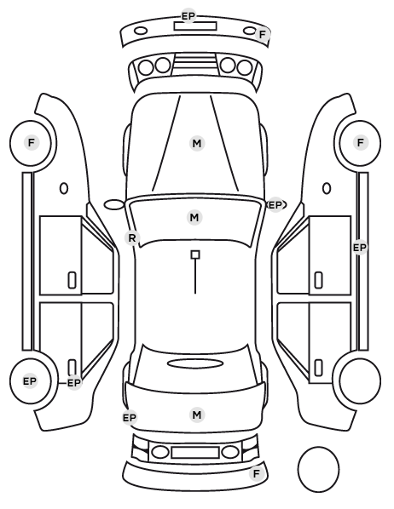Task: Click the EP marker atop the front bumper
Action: (188, 16)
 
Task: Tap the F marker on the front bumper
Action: (262, 34)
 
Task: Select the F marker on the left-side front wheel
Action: (32, 142)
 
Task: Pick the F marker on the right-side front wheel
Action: (361, 142)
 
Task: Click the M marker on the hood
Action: (197, 144)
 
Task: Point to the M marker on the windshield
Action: (194, 217)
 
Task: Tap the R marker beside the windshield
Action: (132, 238)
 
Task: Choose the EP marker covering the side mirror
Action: (275, 205)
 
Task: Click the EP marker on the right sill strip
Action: (360, 248)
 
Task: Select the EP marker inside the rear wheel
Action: (30, 381)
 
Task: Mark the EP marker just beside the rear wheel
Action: (74, 383)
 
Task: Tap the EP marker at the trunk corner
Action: (130, 417)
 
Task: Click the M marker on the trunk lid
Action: (197, 415)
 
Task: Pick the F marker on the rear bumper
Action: (257, 473)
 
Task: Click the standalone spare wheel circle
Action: (318, 469)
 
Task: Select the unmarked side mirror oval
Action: (114, 205)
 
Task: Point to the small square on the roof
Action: (195, 254)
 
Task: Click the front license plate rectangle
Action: (195, 26)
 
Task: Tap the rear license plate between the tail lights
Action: (195, 452)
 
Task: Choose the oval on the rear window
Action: (195, 363)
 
